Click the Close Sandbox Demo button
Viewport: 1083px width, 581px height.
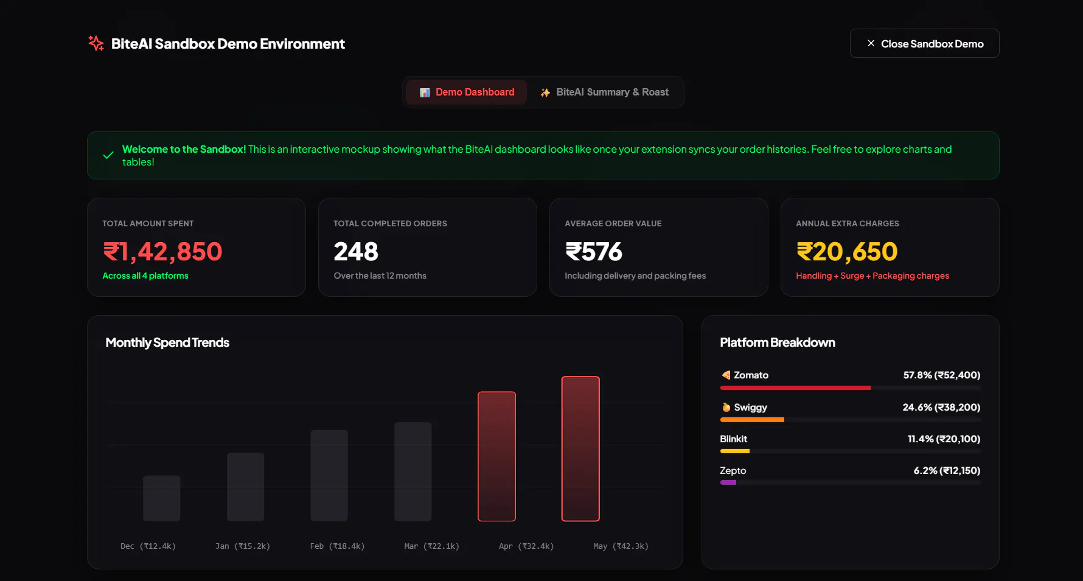(x=924, y=43)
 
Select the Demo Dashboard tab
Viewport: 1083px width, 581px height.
(x=467, y=92)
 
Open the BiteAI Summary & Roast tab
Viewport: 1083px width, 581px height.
(x=604, y=92)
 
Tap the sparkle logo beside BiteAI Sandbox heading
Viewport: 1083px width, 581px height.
(x=96, y=43)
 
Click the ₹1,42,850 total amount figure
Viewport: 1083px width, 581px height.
(x=162, y=252)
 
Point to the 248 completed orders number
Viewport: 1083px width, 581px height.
(x=356, y=252)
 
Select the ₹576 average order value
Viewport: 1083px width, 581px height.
(x=593, y=252)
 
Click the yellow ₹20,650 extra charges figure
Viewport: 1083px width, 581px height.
(x=847, y=252)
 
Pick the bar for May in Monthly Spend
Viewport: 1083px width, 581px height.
(x=580, y=449)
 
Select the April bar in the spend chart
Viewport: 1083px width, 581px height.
(x=496, y=456)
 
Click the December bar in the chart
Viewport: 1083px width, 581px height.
(x=162, y=498)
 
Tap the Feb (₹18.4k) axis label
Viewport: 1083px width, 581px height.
(x=337, y=546)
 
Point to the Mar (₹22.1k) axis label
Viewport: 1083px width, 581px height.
(x=431, y=546)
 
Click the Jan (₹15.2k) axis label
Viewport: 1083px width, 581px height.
(x=243, y=546)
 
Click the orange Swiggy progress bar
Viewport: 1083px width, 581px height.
(x=752, y=420)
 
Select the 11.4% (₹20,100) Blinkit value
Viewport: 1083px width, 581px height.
(x=944, y=439)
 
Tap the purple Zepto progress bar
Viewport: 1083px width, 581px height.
(x=728, y=482)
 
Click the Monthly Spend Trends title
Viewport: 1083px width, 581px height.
(x=167, y=343)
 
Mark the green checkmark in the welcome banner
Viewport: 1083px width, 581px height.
(x=108, y=155)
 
